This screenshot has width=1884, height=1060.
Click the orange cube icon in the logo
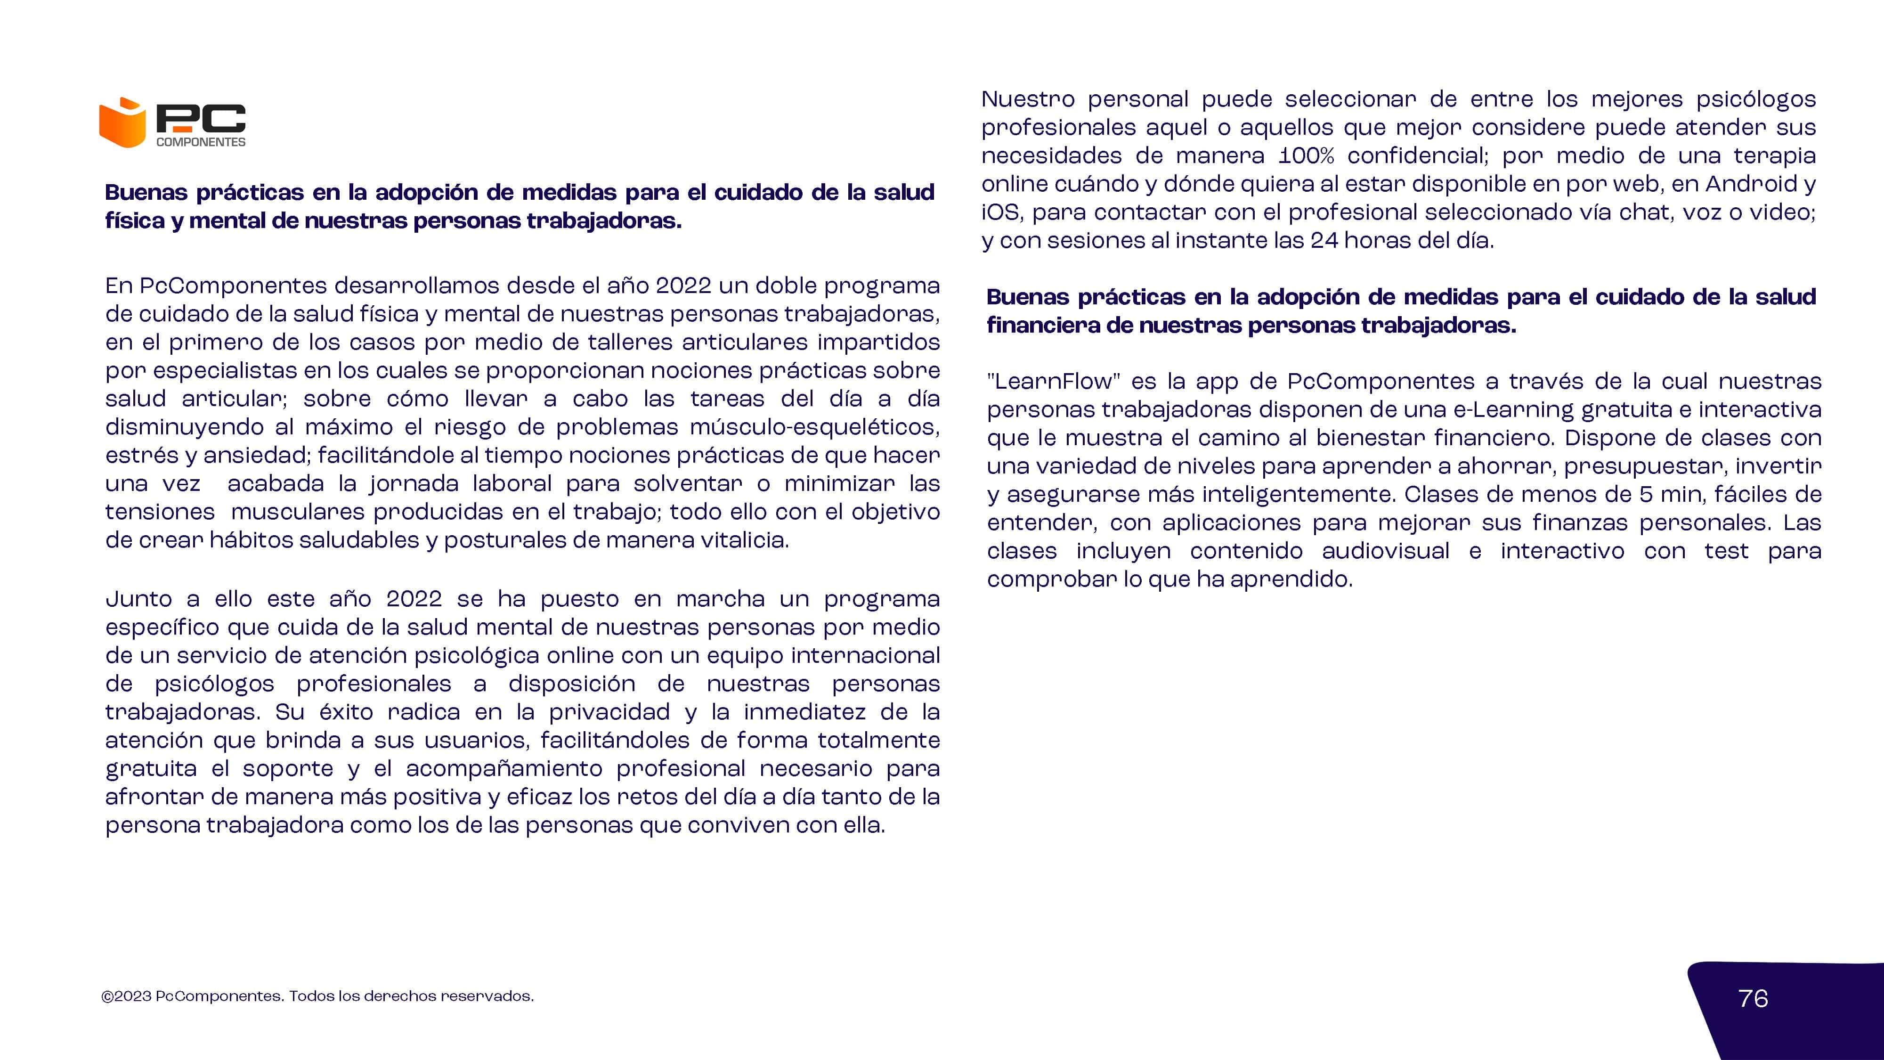coord(123,123)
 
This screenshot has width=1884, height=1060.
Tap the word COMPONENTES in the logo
coord(201,142)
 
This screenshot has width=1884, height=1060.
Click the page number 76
coord(1753,999)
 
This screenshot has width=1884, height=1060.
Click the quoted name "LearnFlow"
coord(1053,381)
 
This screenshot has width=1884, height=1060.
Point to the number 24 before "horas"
coord(1324,241)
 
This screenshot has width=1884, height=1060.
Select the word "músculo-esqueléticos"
coord(814,427)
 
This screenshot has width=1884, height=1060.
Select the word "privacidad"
coord(609,712)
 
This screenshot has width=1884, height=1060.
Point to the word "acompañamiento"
coord(504,769)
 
